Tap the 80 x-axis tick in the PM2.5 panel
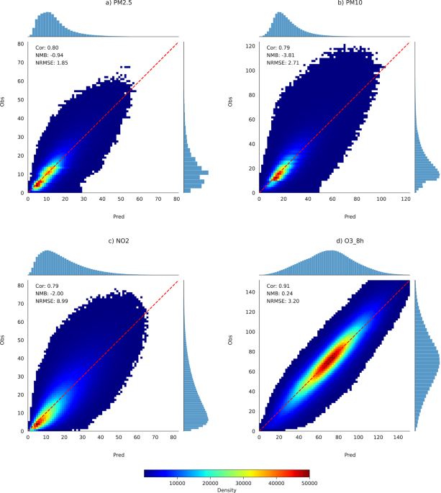point(175,199)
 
